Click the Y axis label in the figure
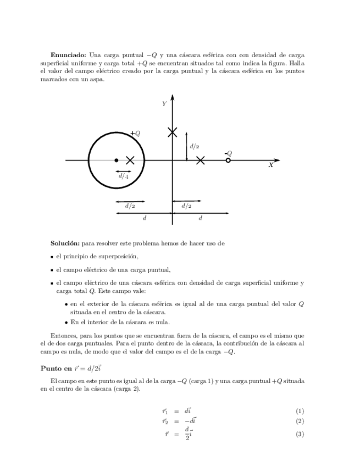[x=164, y=104]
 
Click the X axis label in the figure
[x=271, y=165]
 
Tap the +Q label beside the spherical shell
[x=135, y=133]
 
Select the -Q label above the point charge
[x=228, y=153]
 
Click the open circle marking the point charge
[x=228, y=160]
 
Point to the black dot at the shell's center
[x=116, y=160]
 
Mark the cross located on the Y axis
[x=173, y=132]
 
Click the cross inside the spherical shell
[x=130, y=160]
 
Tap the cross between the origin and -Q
[x=201, y=160]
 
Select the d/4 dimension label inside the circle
[x=123, y=177]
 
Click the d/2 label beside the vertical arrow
[x=195, y=147]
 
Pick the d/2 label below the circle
[x=130, y=206]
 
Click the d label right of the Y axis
[x=201, y=218]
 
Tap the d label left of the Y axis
[x=145, y=218]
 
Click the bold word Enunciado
[x=68, y=55]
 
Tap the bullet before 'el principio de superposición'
[x=51, y=257]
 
